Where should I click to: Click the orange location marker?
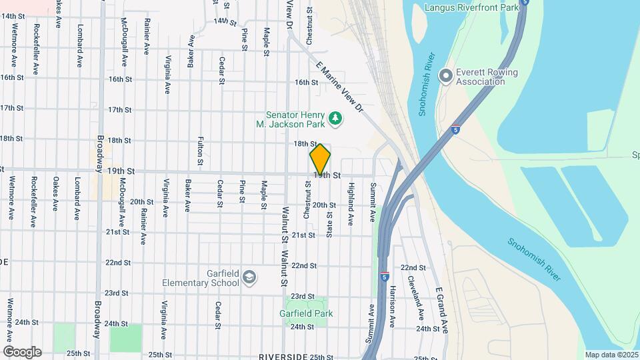point(320,159)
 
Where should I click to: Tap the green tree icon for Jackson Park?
point(337,119)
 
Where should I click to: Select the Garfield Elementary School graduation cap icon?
point(249,277)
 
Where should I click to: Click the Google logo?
point(22,351)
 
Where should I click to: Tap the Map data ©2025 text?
point(611,355)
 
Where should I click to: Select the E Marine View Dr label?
point(339,87)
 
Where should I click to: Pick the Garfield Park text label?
point(307,313)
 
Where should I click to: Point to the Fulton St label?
point(200,151)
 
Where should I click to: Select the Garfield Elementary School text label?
point(201,277)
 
